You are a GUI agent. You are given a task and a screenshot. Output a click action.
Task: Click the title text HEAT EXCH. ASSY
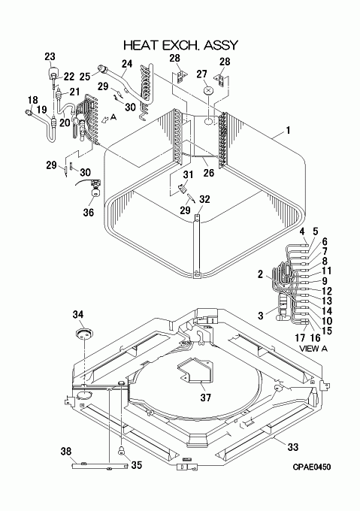(181, 45)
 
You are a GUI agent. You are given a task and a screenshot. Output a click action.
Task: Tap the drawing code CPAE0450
(311, 467)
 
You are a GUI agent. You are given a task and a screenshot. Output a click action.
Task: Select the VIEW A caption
(313, 349)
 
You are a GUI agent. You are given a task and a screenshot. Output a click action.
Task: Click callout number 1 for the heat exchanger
(288, 130)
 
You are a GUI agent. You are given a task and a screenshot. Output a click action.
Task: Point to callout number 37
(206, 398)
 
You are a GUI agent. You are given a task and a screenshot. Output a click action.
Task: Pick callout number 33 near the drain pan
(293, 446)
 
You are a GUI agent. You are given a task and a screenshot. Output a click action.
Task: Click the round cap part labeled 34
(84, 333)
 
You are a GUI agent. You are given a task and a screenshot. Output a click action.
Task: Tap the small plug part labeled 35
(121, 451)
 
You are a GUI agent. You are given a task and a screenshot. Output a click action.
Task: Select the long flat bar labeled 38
(100, 466)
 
